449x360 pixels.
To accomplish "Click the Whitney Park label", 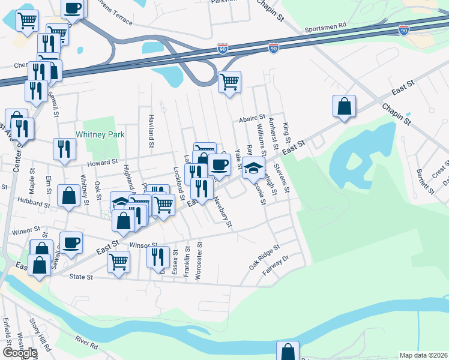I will point(100,135).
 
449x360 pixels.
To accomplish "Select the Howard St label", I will point(102,163).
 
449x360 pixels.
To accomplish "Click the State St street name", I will point(82,277).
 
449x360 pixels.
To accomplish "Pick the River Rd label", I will point(86,343).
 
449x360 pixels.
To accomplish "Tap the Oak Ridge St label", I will point(265,257).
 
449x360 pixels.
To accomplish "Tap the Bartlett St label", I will point(426,181).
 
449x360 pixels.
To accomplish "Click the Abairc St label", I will point(252,119).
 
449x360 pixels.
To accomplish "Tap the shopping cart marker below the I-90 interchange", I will point(229,80).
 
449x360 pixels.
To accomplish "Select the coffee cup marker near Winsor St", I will point(71,242).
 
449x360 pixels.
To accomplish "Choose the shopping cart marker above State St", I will point(119,261).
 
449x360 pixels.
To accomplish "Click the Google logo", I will point(19,353).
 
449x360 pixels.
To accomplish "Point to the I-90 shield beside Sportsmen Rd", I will point(404,29).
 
